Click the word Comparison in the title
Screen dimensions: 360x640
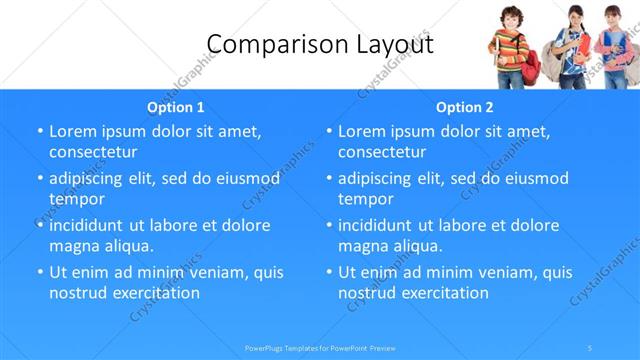(264, 45)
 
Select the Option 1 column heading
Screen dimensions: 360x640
(176, 107)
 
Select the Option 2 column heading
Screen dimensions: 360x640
(465, 107)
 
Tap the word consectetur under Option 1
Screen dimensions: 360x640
(93, 153)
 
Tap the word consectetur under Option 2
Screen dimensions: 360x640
(382, 153)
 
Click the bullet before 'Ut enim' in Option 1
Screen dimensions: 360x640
(39, 272)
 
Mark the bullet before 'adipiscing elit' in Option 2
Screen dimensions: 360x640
(328, 179)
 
